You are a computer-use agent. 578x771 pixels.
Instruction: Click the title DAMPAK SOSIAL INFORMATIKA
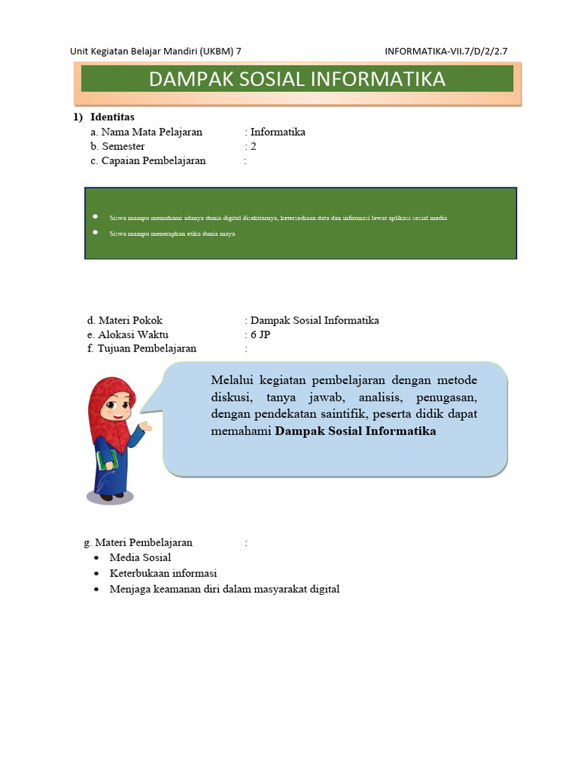[297, 79]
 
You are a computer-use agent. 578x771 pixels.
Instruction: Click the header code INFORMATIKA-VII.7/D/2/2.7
[450, 51]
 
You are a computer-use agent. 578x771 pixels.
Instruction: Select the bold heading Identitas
[112, 117]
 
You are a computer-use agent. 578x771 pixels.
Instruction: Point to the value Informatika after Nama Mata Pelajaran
[278, 132]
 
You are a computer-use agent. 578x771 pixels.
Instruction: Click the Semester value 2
[254, 146]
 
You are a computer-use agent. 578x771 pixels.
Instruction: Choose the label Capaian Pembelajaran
[154, 160]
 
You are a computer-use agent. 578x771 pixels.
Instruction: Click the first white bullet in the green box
[96, 217]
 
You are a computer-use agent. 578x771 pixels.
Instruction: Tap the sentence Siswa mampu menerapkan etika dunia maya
[172, 234]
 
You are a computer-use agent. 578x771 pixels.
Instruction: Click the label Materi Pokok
[130, 320]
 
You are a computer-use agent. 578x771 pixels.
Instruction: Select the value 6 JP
[260, 334]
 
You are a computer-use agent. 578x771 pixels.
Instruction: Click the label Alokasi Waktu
[133, 334]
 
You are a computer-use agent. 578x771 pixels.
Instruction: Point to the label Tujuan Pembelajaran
[147, 349]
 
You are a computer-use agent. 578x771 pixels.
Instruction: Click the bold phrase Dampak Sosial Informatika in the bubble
[355, 431]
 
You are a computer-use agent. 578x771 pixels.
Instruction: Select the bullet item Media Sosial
[140, 557]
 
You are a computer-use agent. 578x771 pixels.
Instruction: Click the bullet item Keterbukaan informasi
[163, 573]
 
